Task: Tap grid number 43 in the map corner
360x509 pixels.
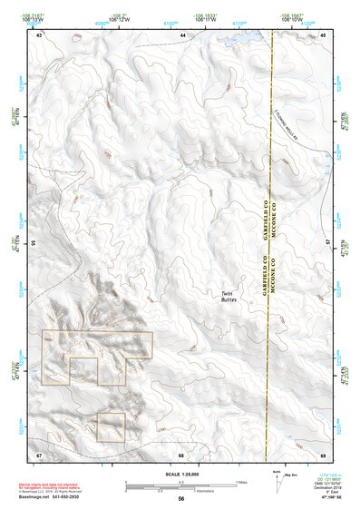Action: click(x=39, y=34)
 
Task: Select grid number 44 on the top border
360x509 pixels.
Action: click(x=182, y=34)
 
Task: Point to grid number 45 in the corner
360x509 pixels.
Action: click(x=323, y=34)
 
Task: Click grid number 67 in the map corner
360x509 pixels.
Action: click(x=39, y=454)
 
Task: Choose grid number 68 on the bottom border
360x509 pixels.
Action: click(x=181, y=454)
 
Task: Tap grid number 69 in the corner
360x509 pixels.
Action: click(x=323, y=454)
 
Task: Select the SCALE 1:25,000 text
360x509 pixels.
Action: click(x=180, y=474)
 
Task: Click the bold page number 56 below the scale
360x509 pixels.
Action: click(x=180, y=499)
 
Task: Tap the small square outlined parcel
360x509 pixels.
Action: click(x=111, y=427)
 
